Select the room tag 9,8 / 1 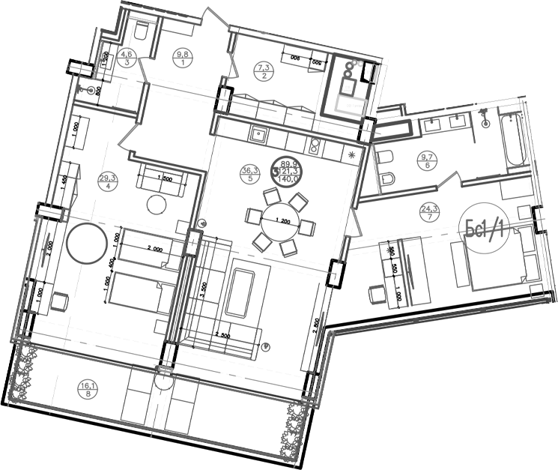click(x=181, y=57)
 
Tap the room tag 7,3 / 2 click(x=264, y=70)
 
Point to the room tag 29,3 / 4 click(x=108, y=181)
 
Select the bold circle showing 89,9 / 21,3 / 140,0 click(x=289, y=173)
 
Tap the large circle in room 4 click(x=85, y=242)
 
